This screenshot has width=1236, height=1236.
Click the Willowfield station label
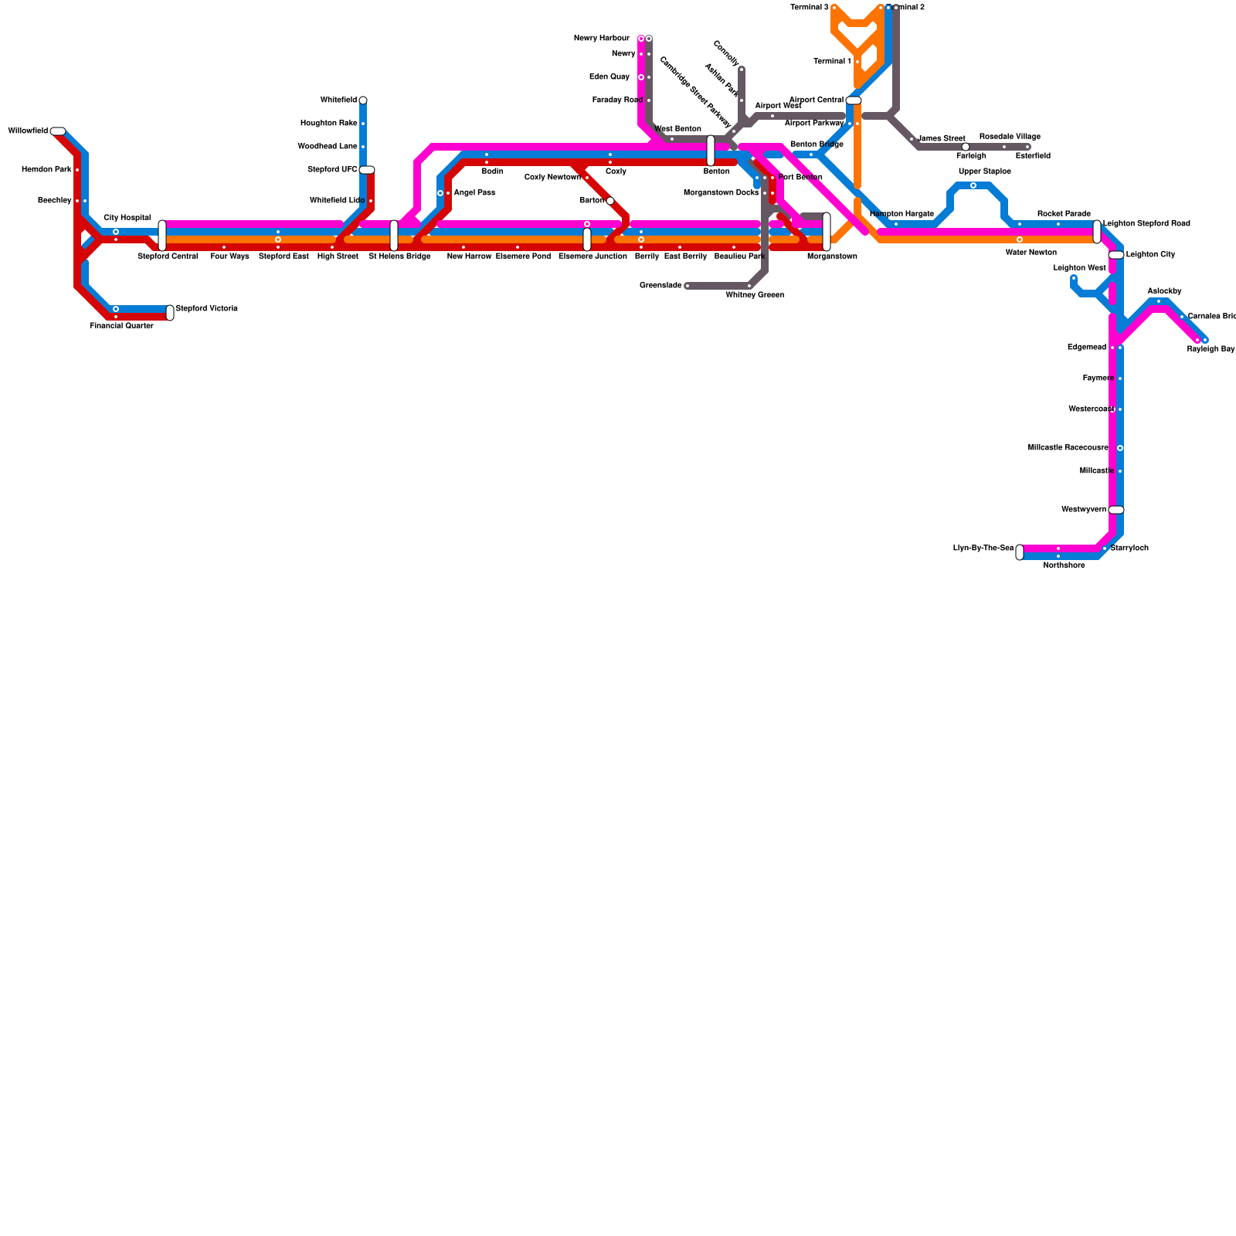[28, 131]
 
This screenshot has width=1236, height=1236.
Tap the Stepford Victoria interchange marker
[170, 313]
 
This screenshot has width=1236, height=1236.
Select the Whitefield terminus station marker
[363, 100]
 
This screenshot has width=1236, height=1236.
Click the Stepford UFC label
[332, 170]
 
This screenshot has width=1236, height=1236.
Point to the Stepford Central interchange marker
[162, 236]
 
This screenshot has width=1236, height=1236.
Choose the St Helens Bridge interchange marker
[394, 236]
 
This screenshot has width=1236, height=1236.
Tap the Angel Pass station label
[474, 193]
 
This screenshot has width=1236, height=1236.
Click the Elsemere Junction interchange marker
[587, 239]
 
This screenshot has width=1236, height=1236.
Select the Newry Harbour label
[602, 39]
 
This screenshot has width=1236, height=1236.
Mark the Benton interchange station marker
[711, 151]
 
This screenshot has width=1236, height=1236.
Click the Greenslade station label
[660, 286]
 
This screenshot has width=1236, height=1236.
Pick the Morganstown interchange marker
[827, 232]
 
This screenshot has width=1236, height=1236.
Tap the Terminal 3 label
[810, 8]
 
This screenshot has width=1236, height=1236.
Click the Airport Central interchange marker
[854, 100]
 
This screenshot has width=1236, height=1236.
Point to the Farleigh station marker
[966, 147]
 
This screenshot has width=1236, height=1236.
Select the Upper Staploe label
[984, 171]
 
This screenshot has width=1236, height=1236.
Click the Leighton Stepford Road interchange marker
[1097, 232]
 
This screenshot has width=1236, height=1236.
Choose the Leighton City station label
[1150, 255]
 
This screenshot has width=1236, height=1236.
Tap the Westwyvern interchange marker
[1116, 510]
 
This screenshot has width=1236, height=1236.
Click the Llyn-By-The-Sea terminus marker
[1020, 552]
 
